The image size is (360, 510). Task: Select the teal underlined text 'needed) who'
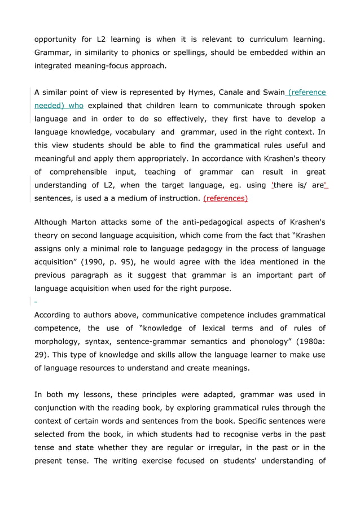(x=59, y=106)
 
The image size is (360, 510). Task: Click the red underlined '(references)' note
(x=225, y=198)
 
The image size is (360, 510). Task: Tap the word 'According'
(x=54, y=314)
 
